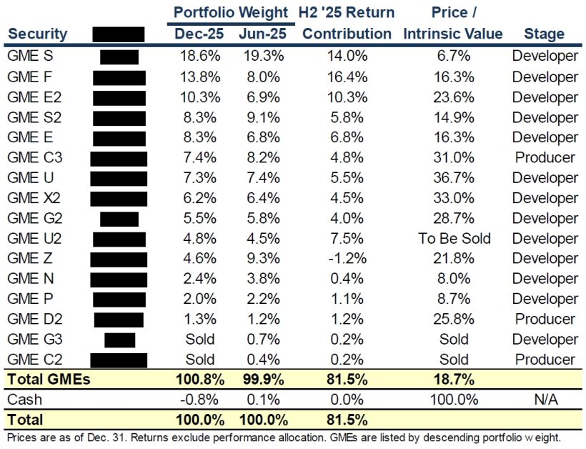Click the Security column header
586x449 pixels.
[37, 34]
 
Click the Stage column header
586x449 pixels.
[544, 34]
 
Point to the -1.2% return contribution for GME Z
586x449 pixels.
[347, 258]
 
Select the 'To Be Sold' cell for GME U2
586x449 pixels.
[455, 238]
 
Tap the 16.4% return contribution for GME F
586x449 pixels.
[347, 77]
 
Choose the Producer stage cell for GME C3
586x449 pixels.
[544, 157]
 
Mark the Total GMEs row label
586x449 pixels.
[48, 380]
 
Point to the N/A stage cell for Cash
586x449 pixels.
[544, 400]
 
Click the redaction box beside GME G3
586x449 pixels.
[119, 339]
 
